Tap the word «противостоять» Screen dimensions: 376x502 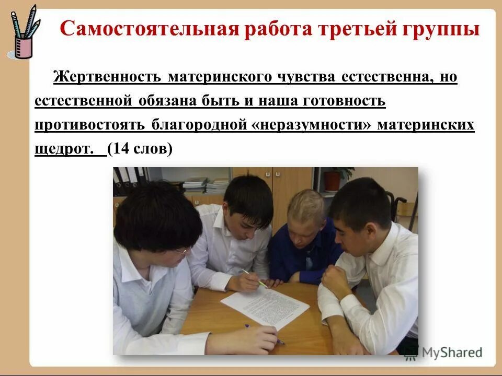[x=91, y=125]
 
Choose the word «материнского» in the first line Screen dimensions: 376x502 [x=220, y=77]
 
